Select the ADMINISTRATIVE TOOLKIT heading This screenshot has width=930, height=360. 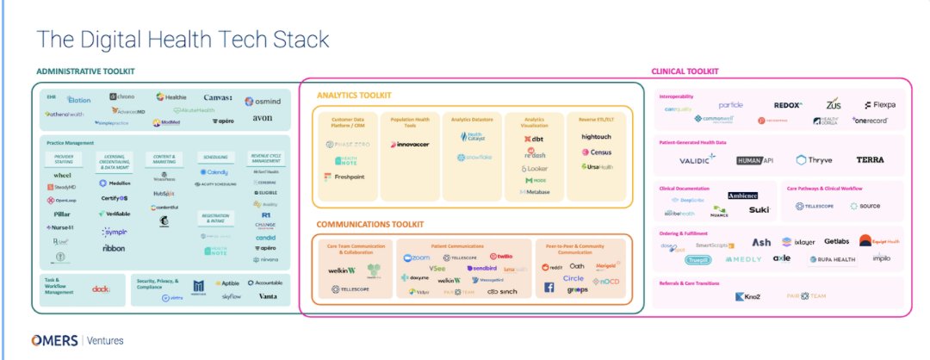(x=85, y=71)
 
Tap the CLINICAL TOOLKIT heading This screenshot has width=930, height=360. (x=685, y=71)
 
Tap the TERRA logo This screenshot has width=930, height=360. (x=870, y=160)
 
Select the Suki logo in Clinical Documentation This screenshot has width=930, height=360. (x=759, y=209)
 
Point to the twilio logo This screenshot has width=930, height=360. (x=500, y=257)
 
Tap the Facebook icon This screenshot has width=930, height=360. (x=549, y=290)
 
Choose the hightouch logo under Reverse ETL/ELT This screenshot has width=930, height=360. (x=596, y=136)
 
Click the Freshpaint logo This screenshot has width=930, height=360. (x=339, y=177)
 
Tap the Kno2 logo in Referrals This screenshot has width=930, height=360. (x=747, y=297)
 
